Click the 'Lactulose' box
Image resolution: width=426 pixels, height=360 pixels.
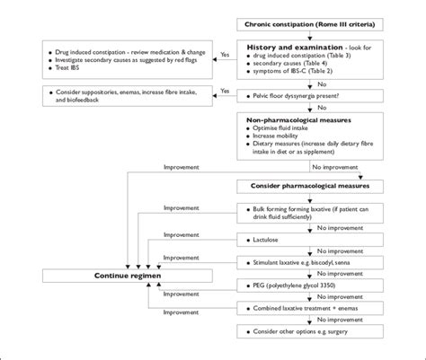pos(261,241)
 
